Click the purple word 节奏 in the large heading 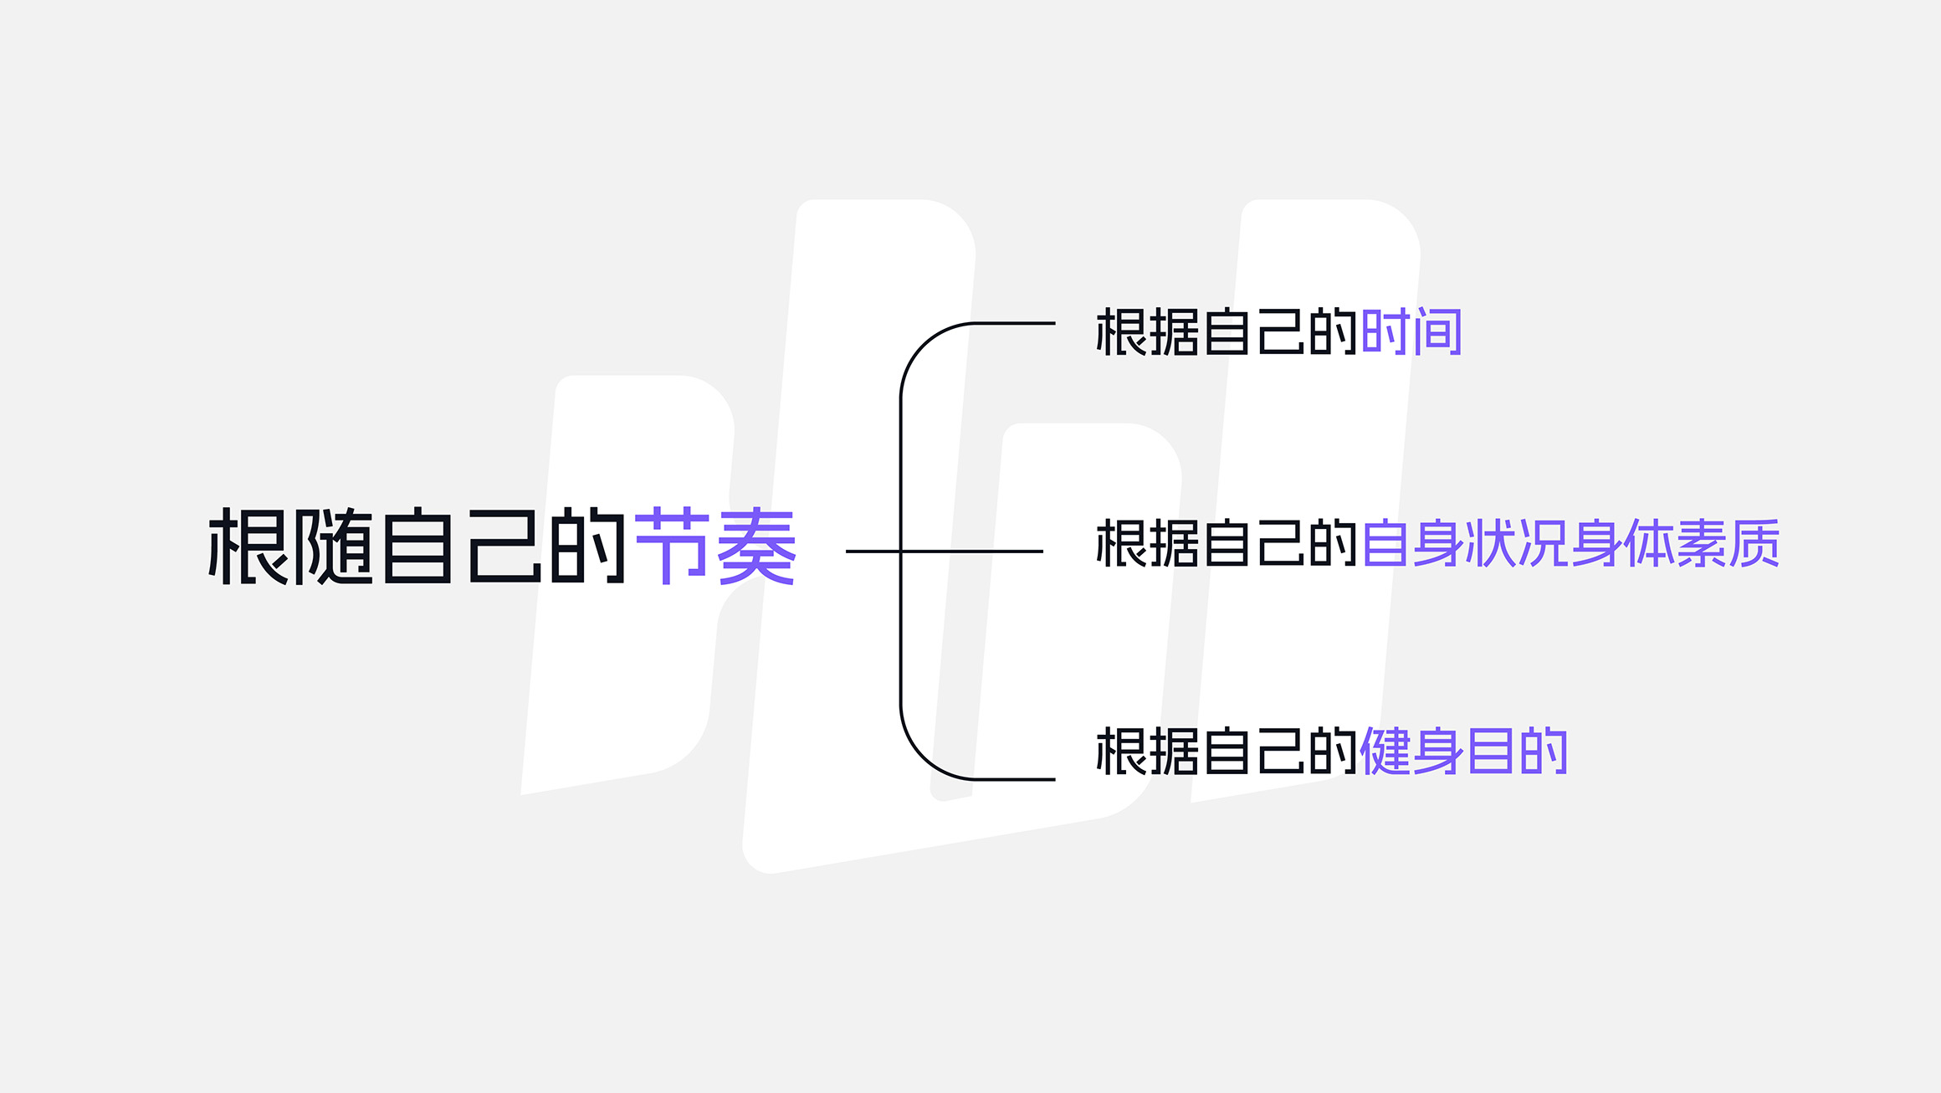point(715,546)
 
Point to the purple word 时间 point(1411,332)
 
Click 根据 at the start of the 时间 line point(1148,332)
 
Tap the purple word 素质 point(1728,544)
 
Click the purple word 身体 point(1622,544)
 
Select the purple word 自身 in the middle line point(1412,544)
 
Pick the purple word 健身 point(1412,752)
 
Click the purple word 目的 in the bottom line point(1517,752)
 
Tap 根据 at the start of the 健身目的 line point(1148,752)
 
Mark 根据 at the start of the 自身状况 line point(1148,544)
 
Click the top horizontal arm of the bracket point(1014,323)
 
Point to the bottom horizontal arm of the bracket point(1014,779)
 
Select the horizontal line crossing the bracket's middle point(945,552)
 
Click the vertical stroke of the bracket point(901,552)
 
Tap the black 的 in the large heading point(588,546)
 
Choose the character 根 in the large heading point(248,546)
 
